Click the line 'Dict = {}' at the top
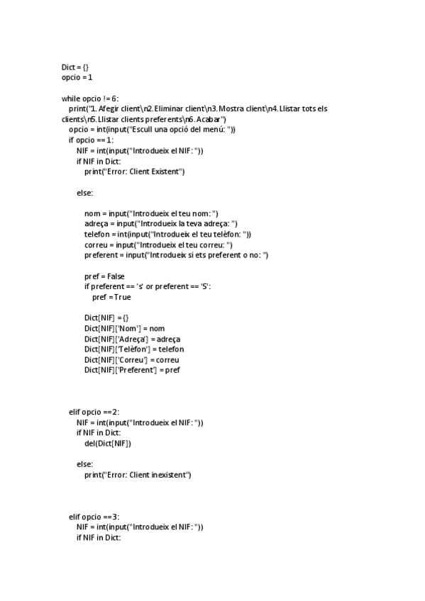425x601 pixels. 75,67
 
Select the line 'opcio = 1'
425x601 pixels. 77,77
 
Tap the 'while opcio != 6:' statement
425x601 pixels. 90,98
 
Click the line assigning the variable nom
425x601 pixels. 151,213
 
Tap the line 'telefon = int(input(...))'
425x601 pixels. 167,234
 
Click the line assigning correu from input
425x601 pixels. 158,245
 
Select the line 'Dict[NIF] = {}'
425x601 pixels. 106,318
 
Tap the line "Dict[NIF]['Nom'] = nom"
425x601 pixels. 124,328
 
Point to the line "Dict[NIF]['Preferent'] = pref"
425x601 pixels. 132,370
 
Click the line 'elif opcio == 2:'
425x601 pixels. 94,412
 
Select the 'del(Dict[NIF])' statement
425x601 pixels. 108,443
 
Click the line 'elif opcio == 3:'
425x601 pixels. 94,517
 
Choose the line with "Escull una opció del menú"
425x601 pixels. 152,130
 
